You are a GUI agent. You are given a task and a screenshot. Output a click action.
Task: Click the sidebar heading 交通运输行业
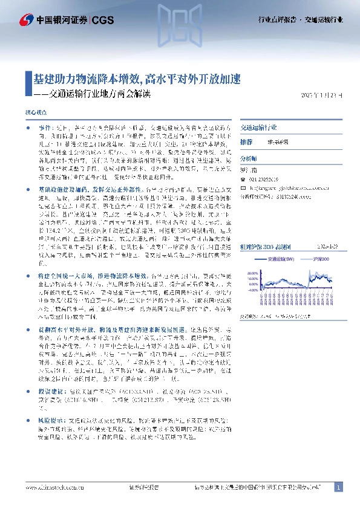tap(259, 128)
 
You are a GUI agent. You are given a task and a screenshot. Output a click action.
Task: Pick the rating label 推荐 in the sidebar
tap(246, 141)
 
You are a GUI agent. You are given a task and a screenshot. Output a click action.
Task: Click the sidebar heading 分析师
tap(249, 157)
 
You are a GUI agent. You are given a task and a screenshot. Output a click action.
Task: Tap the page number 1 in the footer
tap(338, 487)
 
